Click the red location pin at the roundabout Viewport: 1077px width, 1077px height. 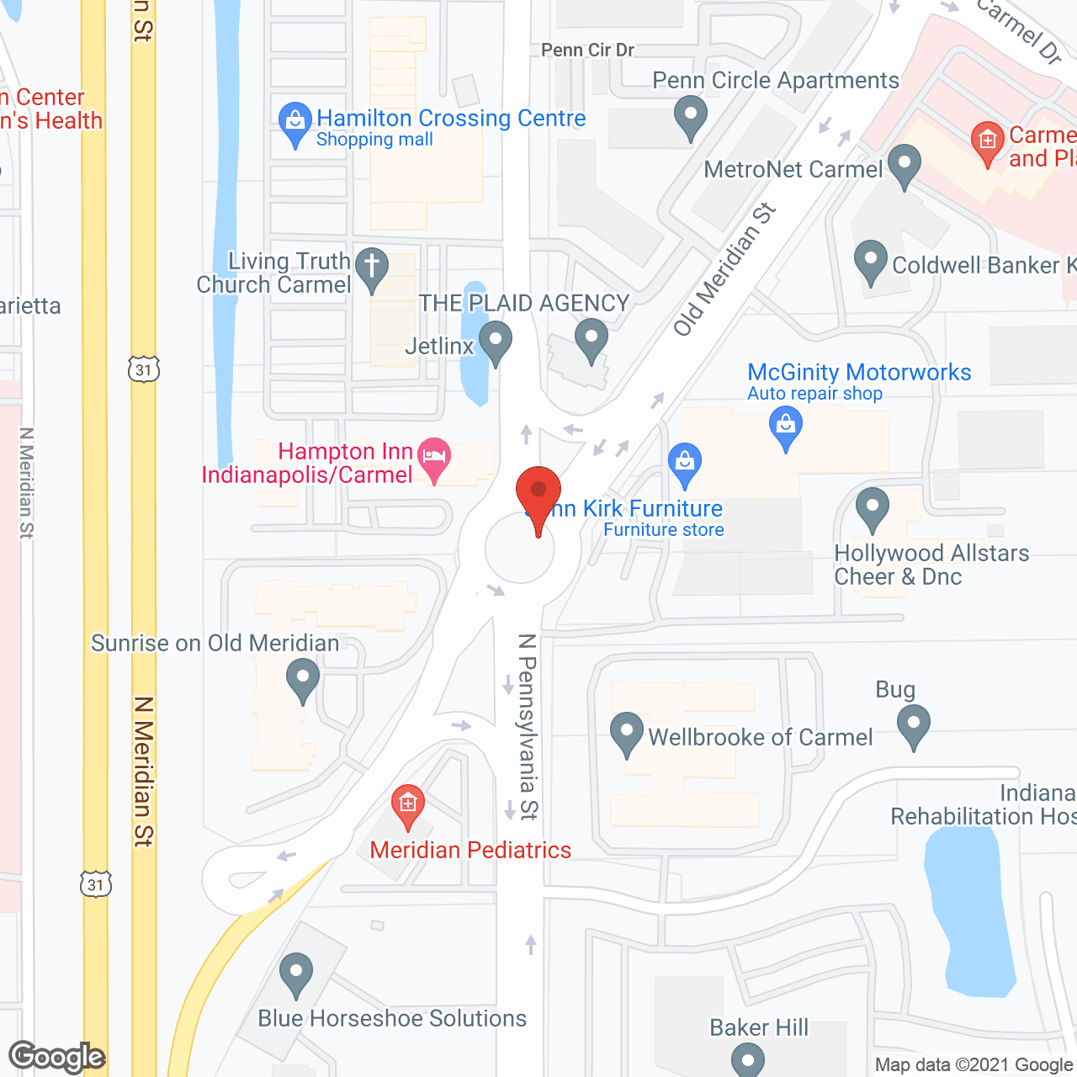[538, 492]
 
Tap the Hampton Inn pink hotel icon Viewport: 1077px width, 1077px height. [434, 457]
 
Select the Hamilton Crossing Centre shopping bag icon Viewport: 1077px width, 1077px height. [294, 122]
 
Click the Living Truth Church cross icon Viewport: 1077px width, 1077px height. [371, 267]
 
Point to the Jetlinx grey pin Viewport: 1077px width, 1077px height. [495, 342]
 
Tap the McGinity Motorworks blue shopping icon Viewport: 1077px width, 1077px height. [786, 427]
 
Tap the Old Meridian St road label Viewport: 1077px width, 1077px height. [724, 270]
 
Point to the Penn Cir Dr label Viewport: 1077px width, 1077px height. [587, 50]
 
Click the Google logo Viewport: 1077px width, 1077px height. [57, 1057]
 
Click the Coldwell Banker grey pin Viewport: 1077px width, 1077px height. [871, 261]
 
